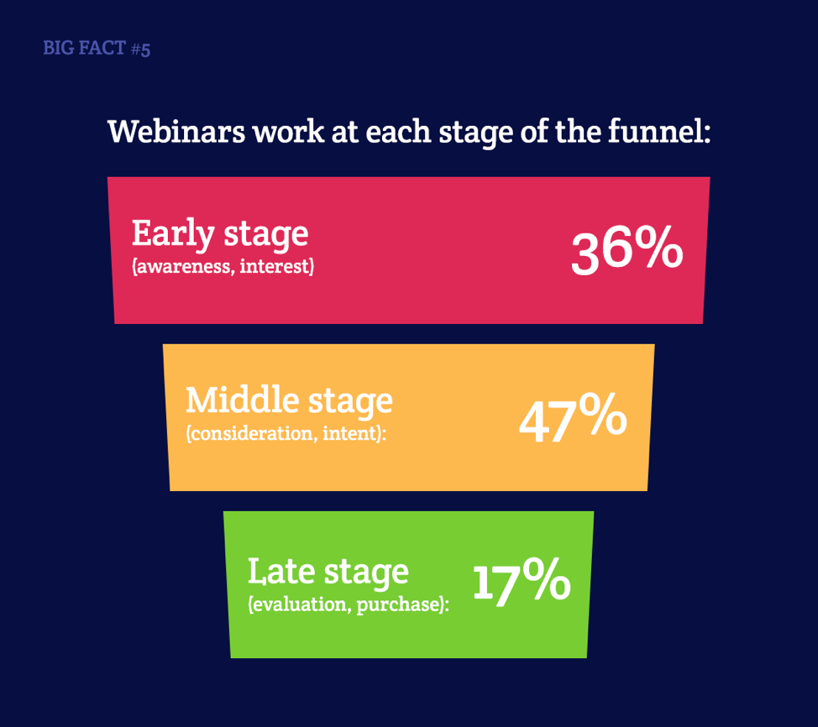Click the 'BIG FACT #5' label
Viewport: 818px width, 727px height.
point(97,48)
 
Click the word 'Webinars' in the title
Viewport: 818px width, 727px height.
point(176,131)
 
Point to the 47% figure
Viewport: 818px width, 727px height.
point(573,419)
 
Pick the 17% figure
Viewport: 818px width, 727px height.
point(522,582)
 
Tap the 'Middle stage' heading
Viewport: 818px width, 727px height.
point(290,401)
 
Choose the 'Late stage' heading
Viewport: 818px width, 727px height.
point(328,572)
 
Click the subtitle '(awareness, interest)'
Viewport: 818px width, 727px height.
point(223,266)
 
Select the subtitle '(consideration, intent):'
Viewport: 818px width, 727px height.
point(286,433)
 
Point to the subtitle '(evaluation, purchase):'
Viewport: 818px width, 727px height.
point(349,604)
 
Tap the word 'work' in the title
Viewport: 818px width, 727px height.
point(289,131)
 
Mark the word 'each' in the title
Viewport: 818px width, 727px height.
point(398,131)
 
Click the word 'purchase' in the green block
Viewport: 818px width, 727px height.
point(399,605)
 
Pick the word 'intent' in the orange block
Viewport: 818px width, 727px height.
point(350,433)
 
